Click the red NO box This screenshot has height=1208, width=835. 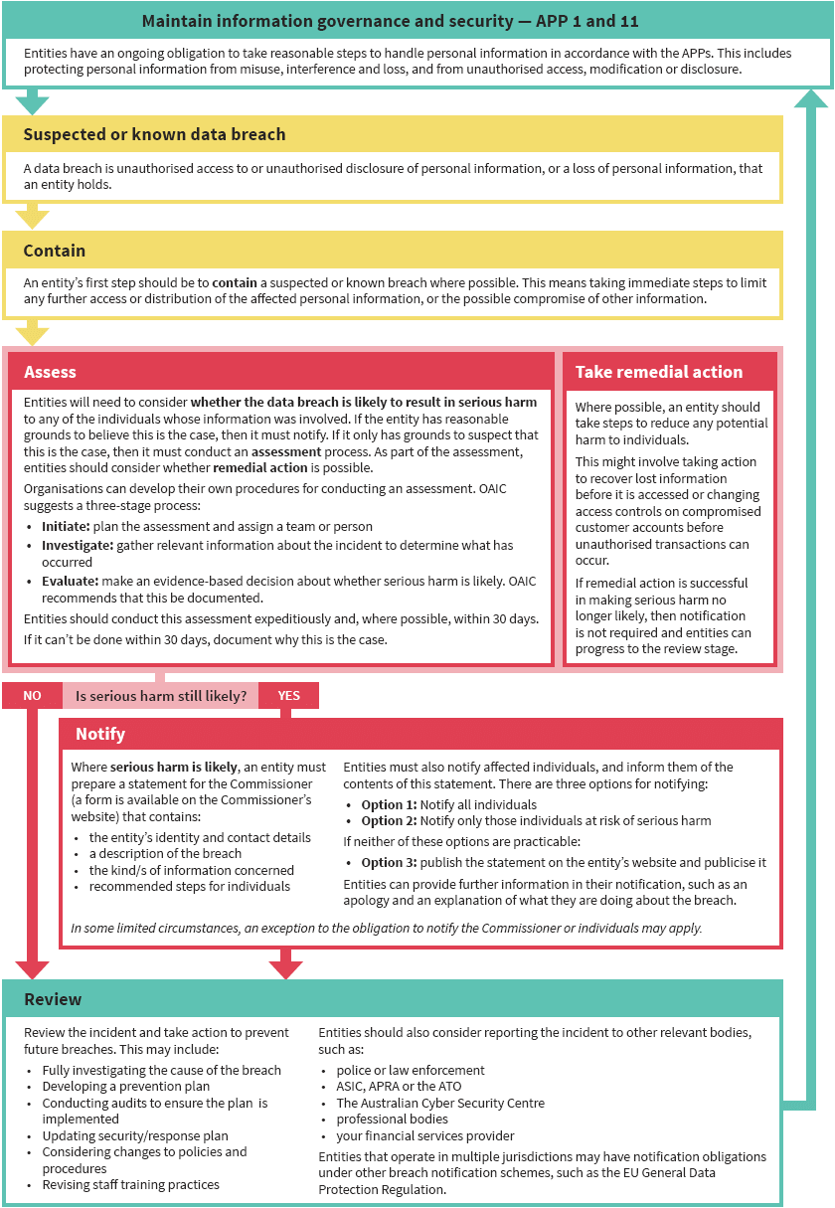pyautogui.click(x=32, y=696)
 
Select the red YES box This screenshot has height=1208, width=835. pyautogui.click(x=288, y=696)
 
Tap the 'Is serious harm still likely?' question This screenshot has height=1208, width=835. pyautogui.click(x=161, y=696)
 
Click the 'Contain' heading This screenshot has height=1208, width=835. pyautogui.click(x=55, y=251)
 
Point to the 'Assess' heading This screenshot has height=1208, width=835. pyautogui.click(x=50, y=372)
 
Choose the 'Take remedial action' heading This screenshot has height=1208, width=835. pyautogui.click(x=659, y=372)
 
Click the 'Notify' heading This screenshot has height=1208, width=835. pyautogui.click(x=100, y=734)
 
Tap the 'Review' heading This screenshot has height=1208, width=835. pyautogui.click(x=53, y=999)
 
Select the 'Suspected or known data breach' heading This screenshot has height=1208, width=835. pyautogui.click(x=154, y=134)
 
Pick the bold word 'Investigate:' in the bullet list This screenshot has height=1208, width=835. pyautogui.click(x=78, y=546)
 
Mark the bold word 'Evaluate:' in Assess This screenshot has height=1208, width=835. pyautogui.click(x=71, y=582)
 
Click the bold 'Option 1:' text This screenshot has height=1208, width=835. pyautogui.click(x=389, y=804)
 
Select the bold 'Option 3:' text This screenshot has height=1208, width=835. pyautogui.click(x=389, y=862)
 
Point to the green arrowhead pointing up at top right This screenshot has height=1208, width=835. pyautogui.click(x=812, y=97)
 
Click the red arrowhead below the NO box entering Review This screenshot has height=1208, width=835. pyautogui.click(x=32, y=969)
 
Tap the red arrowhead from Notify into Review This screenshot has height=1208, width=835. pyautogui.click(x=285, y=969)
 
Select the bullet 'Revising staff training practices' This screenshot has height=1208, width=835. pyautogui.click(x=130, y=1184)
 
